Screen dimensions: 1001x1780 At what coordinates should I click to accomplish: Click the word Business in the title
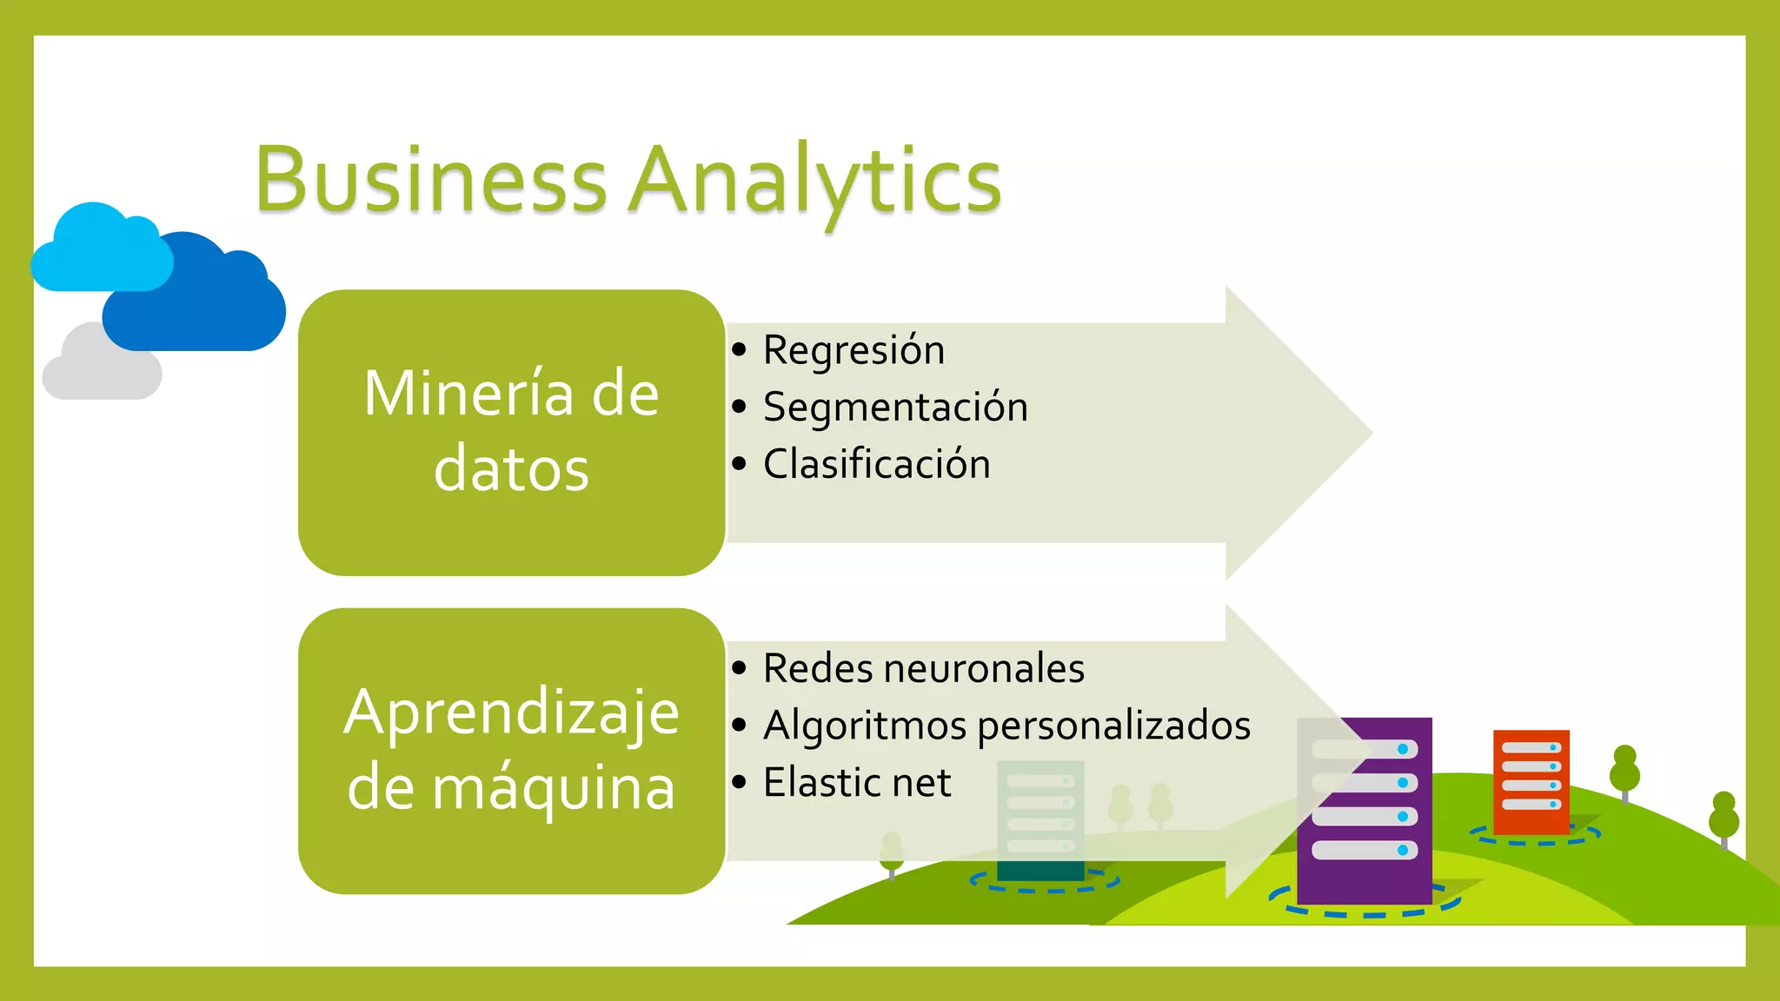(x=431, y=181)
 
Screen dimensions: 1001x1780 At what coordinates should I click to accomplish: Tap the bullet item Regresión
(x=853, y=350)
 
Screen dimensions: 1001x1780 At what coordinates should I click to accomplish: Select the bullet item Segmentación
(x=895, y=408)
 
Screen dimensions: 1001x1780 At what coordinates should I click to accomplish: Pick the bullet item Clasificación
(x=876, y=464)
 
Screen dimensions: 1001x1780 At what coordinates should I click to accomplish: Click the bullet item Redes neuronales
(x=923, y=668)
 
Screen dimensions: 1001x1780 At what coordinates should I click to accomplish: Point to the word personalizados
(x=1114, y=726)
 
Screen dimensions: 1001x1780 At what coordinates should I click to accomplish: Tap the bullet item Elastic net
(x=857, y=782)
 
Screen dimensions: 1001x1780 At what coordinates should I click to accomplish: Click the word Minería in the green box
(x=468, y=394)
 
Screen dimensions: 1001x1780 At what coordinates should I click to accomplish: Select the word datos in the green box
(x=511, y=469)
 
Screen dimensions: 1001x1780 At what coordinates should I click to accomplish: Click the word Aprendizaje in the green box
(x=511, y=713)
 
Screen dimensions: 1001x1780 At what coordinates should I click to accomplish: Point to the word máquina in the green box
(x=553, y=787)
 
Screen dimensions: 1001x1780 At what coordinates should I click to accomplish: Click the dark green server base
(x=1040, y=870)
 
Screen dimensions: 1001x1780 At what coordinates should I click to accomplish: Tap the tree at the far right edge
(x=1724, y=819)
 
